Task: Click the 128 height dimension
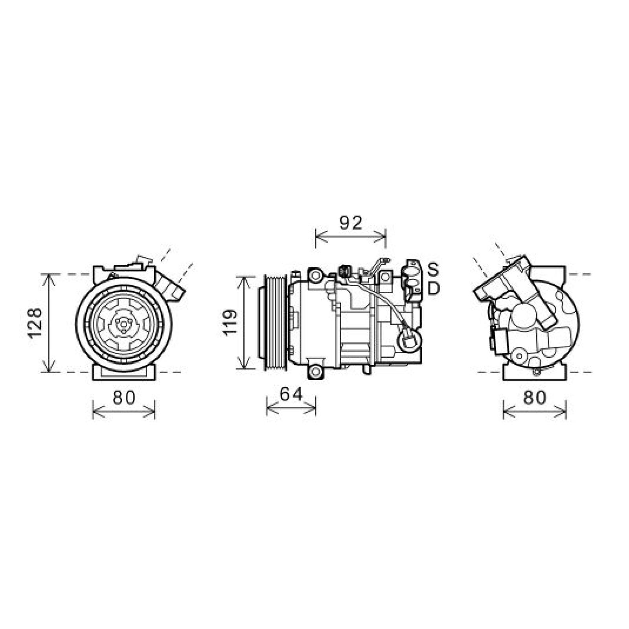pyautogui.click(x=35, y=322)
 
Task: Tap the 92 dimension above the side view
pyautogui.click(x=350, y=223)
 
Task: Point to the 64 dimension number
pyautogui.click(x=291, y=394)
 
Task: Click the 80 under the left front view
pyautogui.click(x=124, y=398)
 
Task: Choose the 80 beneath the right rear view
pyautogui.click(x=535, y=398)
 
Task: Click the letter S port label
pyautogui.click(x=433, y=269)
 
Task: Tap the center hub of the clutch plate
pyautogui.click(x=123, y=324)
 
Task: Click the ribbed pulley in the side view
pyautogui.click(x=275, y=322)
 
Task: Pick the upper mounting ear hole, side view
pyautogui.click(x=315, y=276)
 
